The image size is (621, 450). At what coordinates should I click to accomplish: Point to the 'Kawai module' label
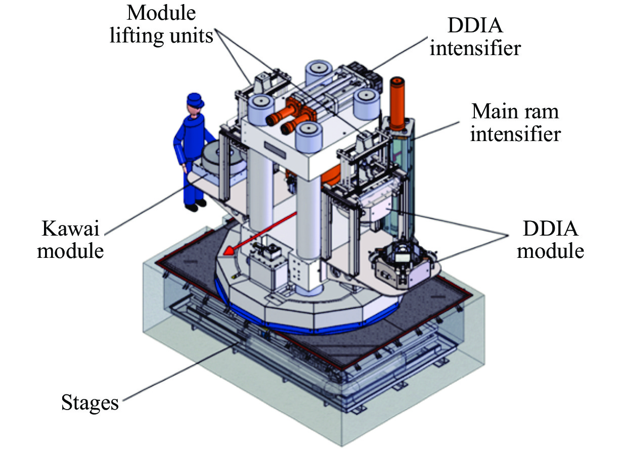click(x=71, y=238)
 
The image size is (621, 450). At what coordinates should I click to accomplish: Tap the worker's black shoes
click(x=195, y=205)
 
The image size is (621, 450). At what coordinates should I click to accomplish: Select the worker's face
click(x=193, y=108)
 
